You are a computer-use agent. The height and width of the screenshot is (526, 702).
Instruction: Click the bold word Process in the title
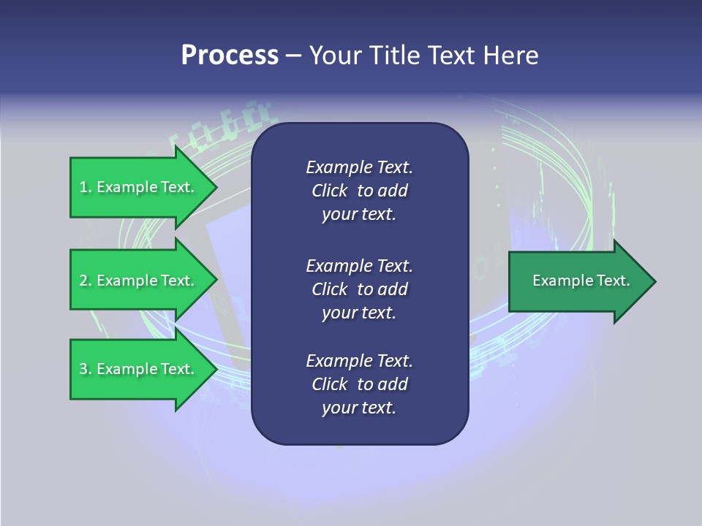(x=230, y=56)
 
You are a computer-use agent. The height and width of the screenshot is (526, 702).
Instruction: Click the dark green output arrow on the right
(x=578, y=281)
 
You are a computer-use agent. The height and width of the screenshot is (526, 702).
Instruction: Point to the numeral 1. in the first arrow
(x=85, y=187)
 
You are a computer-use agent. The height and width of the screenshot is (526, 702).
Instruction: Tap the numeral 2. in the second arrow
(x=85, y=281)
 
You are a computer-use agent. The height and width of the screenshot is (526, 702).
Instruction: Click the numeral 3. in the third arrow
(x=85, y=369)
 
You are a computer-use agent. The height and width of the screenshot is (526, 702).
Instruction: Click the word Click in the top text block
(x=330, y=191)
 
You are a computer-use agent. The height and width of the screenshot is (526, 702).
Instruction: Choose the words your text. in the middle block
(x=359, y=313)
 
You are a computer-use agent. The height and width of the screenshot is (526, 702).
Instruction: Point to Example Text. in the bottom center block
(x=359, y=361)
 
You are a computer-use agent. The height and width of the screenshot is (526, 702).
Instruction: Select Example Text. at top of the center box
(x=359, y=167)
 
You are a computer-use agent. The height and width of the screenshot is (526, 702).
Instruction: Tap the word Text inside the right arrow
(x=613, y=281)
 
